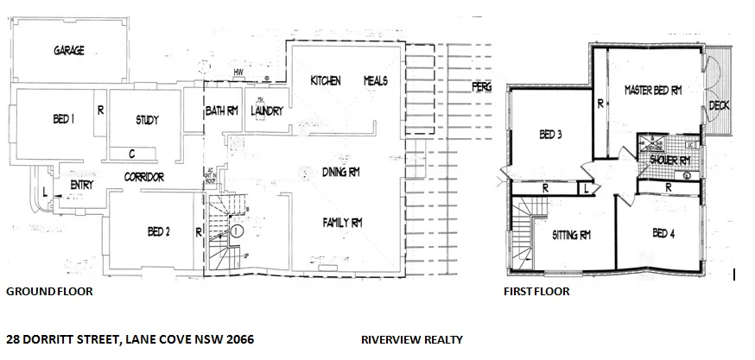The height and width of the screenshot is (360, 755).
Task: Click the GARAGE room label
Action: click(69, 51)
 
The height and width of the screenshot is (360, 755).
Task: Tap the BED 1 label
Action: click(58, 121)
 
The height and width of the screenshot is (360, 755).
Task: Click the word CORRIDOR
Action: click(143, 178)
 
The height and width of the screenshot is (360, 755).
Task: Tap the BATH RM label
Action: click(222, 111)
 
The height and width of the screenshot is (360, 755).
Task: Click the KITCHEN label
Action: click(326, 80)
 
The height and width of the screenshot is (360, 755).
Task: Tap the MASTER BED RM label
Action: click(653, 89)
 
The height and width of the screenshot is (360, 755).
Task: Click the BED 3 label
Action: click(552, 134)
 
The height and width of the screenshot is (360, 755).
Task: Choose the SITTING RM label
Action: click(571, 234)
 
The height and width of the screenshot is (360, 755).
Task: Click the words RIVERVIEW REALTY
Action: click(412, 340)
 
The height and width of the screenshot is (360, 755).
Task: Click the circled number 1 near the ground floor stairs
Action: click(236, 231)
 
